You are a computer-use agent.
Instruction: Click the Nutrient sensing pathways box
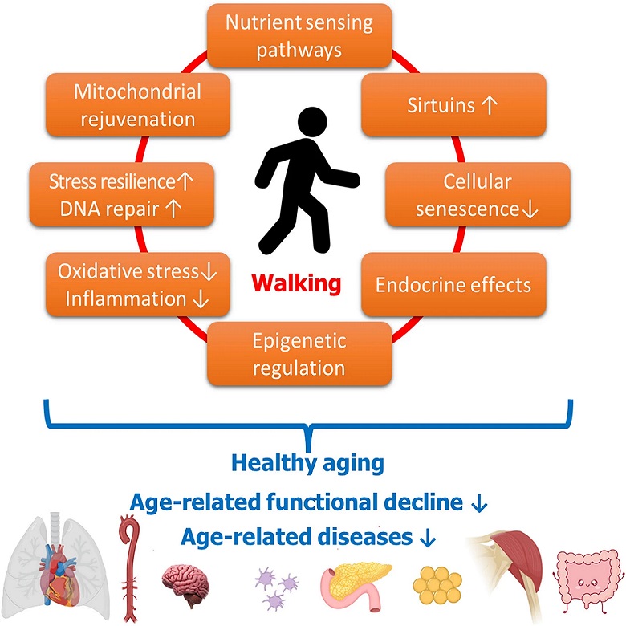[x=299, y=36]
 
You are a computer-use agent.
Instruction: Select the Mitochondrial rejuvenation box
[x=138, y=105]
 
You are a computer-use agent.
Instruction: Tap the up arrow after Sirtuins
[x=489, y=105]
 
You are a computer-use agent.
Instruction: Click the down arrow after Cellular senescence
[x=530, y=209]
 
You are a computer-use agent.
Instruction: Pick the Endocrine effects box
[x=453, y=285]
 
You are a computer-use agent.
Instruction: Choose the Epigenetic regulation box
[x=299, y=354]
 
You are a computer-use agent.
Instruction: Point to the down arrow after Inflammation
[x=201, y=299]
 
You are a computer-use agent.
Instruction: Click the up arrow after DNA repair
[x=173, y=209]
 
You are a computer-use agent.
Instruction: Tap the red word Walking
[x=296, y=283]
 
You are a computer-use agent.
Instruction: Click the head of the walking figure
[x=313, y=122]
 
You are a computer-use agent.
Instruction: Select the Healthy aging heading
[x=307, y=464]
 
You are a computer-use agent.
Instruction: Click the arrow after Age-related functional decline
[x=479, y=504]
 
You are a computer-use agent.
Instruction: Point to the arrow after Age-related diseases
[x=428, y=538]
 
